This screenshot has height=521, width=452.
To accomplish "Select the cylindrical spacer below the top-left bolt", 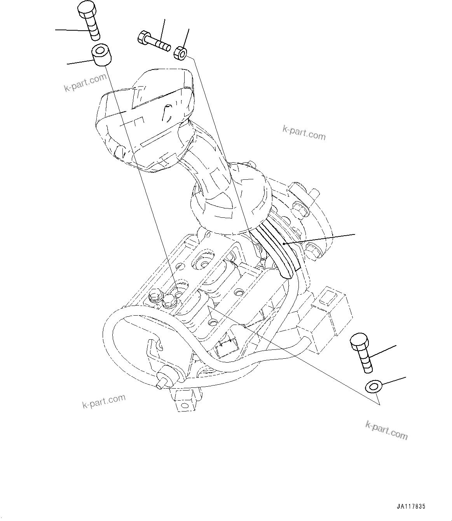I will pos(101,55).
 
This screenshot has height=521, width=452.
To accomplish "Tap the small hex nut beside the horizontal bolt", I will pos(181,53).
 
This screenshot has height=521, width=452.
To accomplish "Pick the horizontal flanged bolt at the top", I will pos(154,42).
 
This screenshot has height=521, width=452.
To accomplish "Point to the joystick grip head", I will pos(146,118).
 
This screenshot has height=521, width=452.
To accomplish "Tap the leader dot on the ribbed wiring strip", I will pos(284,244).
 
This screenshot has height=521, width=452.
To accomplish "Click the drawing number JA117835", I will pos(411,507).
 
